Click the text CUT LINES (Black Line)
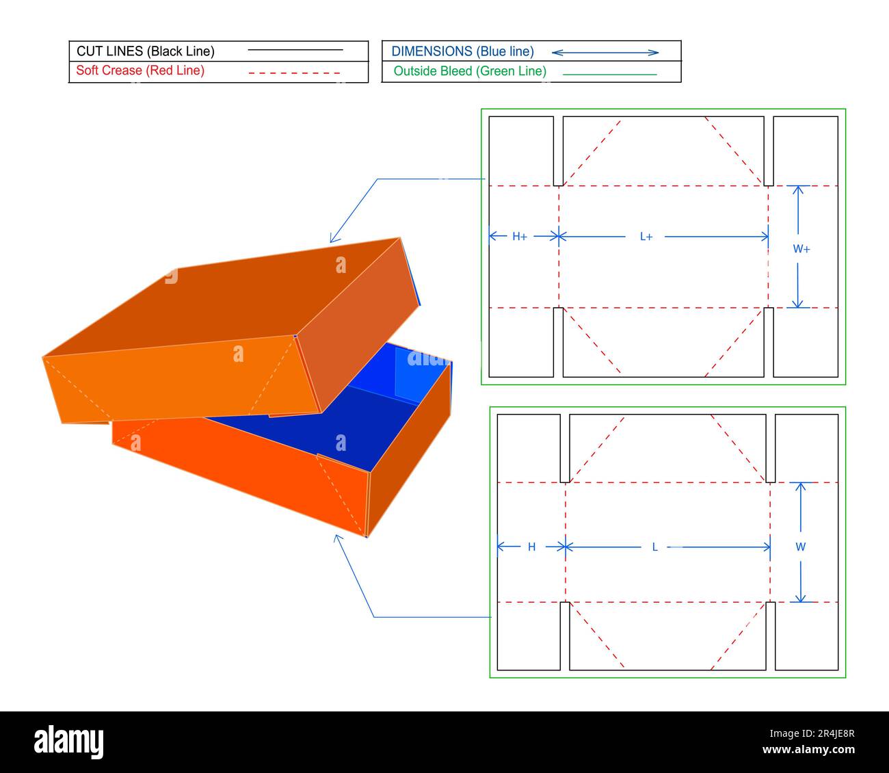(x=145, y=51)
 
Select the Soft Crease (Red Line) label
(x=140, y=70)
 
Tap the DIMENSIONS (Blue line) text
(x=462, y=51)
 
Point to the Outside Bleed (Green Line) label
(x=470, y=71)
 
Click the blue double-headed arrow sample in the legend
(x=605, y=52)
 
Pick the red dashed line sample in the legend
(x=294, y=73)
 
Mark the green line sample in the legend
(x=609, y=74)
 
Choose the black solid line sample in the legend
(x=295, y=50)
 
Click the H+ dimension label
(x=519, y=237)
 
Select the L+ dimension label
(x=646, y=237)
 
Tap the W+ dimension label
(x=801, y=250)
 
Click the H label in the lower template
(x=531, y=547)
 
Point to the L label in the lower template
(x=654, y=547)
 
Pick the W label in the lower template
(x=801, y=547)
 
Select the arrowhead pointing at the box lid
(x=332, y=239)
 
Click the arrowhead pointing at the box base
(x=336, y=538)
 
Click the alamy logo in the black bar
(x=69, y=742)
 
